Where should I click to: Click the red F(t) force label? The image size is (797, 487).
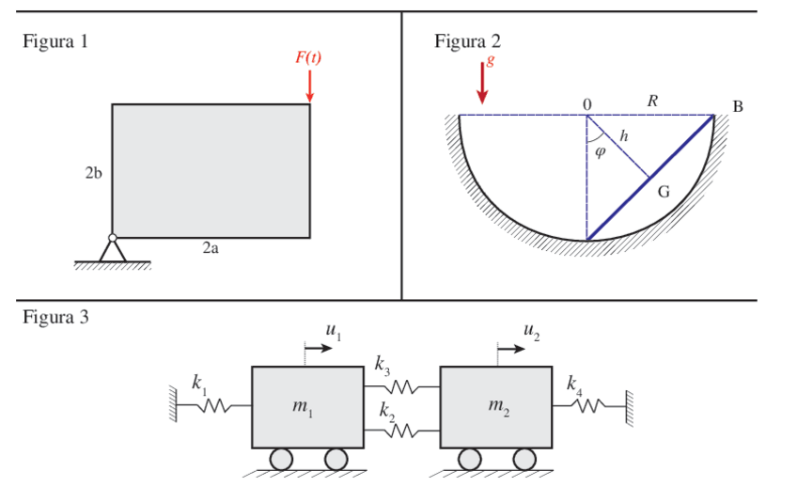(308, 57)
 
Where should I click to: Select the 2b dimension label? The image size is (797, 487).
(93, 173)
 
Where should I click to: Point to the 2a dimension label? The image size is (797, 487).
(211, 249)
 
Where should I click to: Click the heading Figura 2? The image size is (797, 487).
(467, 41)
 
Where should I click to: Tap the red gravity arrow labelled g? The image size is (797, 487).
(483, 83)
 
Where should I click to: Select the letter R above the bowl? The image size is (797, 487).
(652, 101)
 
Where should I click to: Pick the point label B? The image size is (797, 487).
(738, 107)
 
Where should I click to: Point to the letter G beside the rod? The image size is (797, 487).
(664, 192)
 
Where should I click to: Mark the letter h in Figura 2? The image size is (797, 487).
(623, 136)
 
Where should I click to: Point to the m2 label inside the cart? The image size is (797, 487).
(498, 406)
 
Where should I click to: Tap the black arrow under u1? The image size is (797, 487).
(320, 347)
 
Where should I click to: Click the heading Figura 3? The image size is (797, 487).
(55, 317)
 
